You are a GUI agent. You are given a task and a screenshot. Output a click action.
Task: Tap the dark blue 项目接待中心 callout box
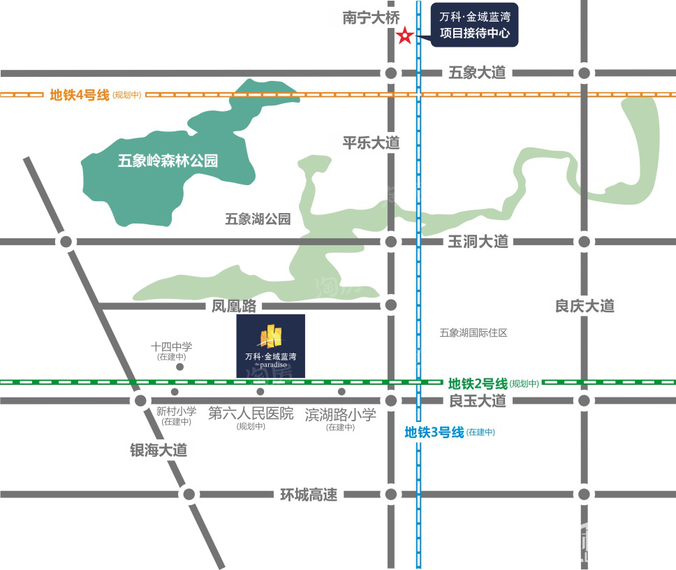[x=475, y=25]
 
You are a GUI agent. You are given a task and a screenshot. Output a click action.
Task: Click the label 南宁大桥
[x=370, y=17]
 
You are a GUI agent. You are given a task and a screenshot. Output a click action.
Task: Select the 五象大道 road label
[x=476, y=73]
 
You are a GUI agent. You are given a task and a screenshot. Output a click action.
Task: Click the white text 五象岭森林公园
[x=168, y=161]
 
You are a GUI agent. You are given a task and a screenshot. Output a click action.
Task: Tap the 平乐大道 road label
[x=371, y=142]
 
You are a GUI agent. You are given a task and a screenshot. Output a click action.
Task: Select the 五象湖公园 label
[x=258, y=219]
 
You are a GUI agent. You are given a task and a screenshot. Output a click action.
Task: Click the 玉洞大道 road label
[x=478, y=242]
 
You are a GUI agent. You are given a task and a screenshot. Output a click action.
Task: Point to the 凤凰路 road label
[x=235, y=305]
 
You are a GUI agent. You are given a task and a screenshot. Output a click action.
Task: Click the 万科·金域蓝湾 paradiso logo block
[x=271, y=346]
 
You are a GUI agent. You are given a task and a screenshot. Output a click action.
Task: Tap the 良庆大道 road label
[x=585, y=305]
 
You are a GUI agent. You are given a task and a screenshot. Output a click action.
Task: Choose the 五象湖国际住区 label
[x=473, y=332]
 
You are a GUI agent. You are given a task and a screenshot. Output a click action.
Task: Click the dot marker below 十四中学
[x=180, y=367]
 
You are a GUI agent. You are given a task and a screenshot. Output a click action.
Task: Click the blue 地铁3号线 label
[x=434, y=432]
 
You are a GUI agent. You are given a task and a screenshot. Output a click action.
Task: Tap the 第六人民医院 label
[x=251, y=414]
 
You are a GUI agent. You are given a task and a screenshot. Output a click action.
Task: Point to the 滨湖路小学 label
[x=341, y=414]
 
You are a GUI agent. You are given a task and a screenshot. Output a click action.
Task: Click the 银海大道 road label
[x=159, y=450]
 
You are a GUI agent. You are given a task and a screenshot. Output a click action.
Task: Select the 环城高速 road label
[x=309, y=495]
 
